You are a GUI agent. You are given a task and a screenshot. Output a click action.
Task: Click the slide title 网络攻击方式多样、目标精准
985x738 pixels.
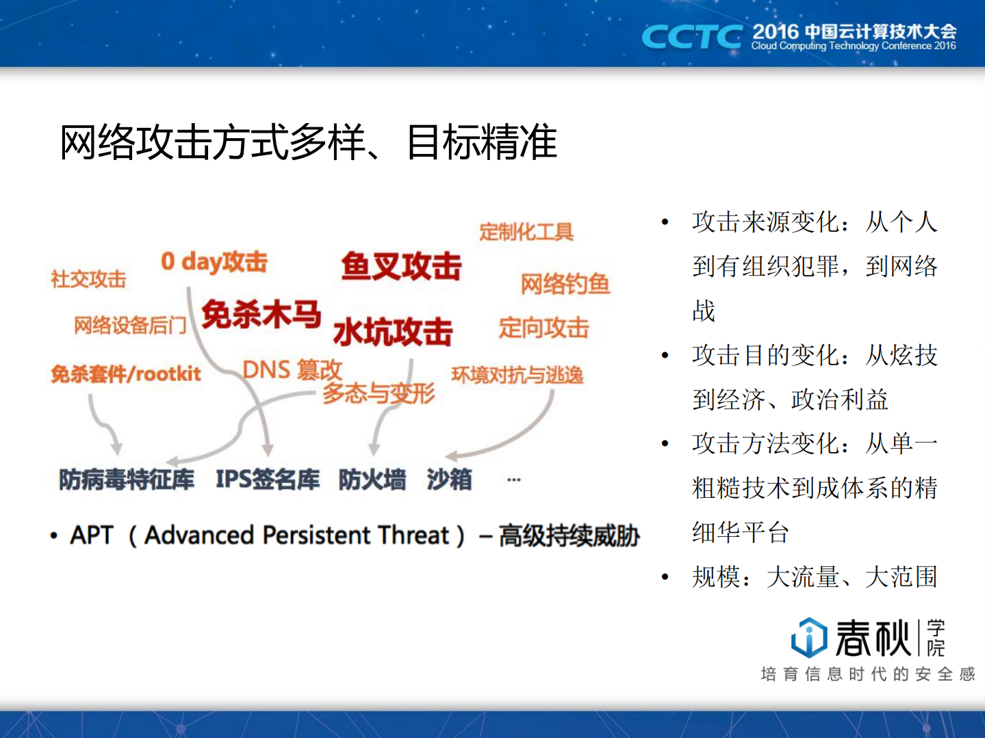tap(308, 142)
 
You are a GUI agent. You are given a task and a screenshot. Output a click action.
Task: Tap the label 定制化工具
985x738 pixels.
tap(526, 232)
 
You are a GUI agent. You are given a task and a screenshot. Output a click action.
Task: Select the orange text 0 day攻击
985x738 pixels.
tap(214, 261)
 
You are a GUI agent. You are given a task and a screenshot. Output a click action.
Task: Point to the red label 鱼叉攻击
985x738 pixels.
tap(401, 266)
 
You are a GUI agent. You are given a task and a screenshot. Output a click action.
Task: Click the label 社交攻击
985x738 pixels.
tap(88, 279)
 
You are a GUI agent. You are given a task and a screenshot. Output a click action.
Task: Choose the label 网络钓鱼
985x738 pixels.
tap(565, 283)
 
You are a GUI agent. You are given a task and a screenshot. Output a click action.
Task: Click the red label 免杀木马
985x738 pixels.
tap(261, 315)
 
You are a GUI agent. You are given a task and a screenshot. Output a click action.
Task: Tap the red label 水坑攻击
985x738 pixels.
tap(392, 332)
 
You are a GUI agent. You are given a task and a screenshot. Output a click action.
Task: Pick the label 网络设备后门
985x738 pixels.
tap(130, 325)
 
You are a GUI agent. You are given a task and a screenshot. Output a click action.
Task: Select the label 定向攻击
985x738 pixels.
tap(543, 328)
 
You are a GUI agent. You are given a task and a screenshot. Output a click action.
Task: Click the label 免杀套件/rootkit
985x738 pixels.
tap(126, 373)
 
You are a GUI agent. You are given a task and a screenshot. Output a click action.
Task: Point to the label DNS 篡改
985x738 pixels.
tap(292, 370)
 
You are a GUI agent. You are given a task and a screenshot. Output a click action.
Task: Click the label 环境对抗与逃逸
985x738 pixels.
tap(517, 375)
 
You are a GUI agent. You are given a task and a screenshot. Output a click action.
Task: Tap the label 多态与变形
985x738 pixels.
tap(379, 393)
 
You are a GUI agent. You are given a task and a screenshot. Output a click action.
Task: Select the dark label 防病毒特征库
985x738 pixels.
tap(127, 479)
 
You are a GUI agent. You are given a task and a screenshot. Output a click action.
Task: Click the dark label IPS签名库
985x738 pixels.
tap(268, 479)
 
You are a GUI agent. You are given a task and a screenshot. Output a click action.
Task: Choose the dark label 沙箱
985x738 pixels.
tap(449, 479)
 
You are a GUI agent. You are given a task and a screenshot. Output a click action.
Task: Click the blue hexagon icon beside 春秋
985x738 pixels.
tap(809, 637)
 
